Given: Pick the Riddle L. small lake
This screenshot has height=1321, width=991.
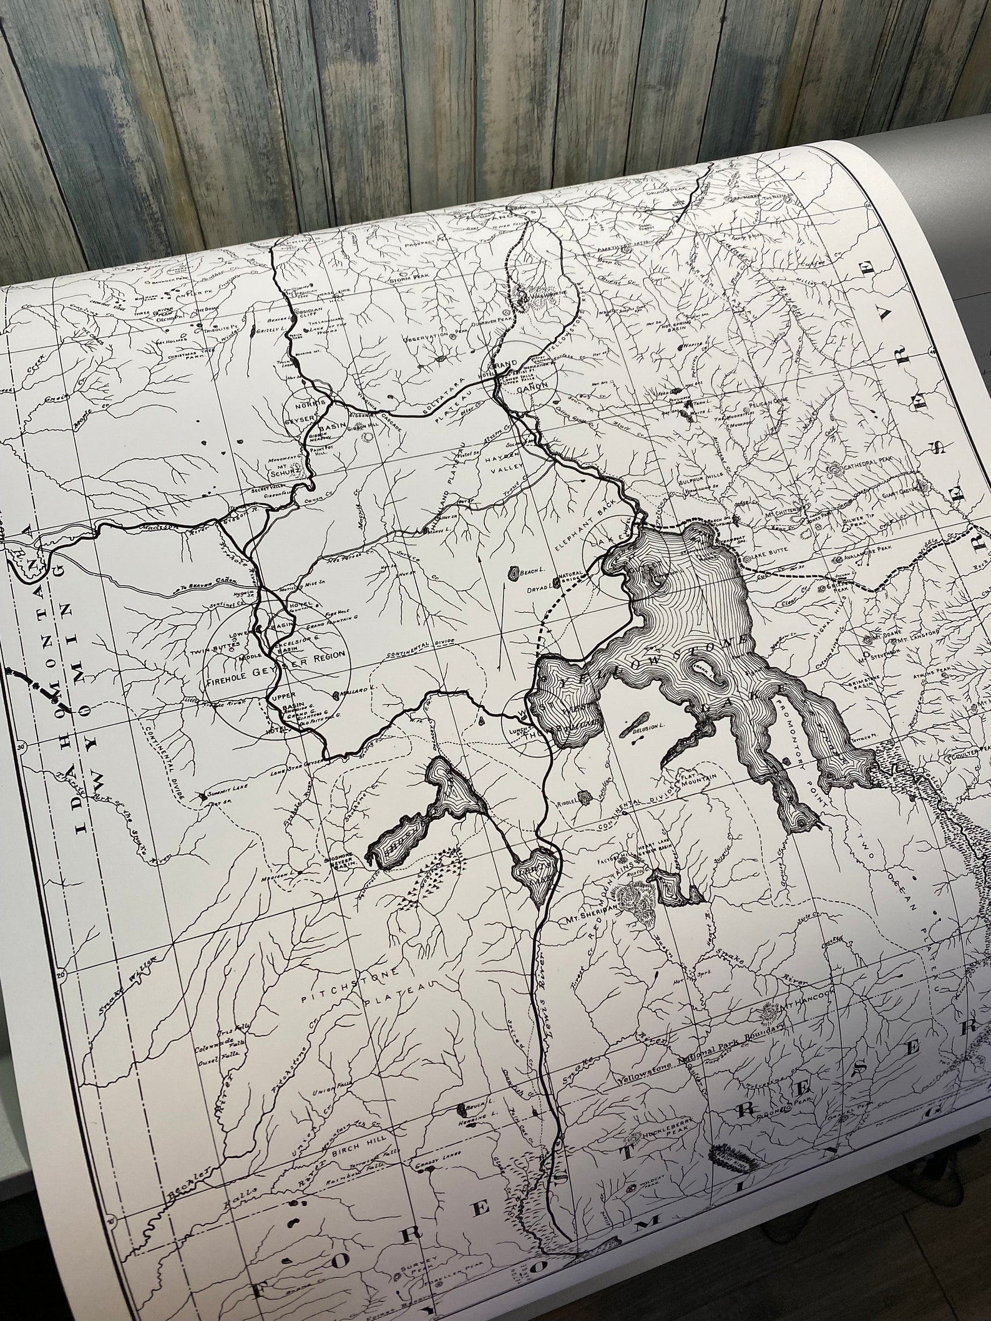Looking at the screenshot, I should pyautogui.click(x=585, y=796).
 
